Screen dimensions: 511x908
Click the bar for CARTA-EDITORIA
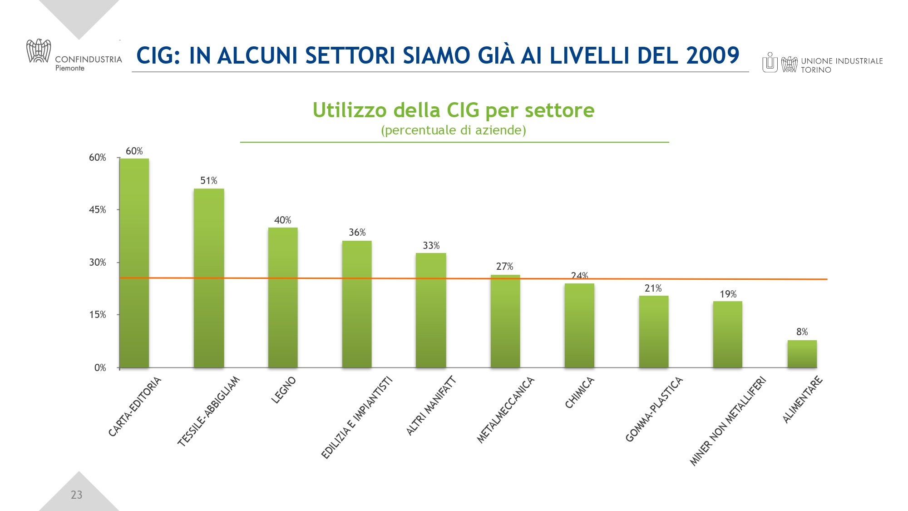pyautogui.click(x=134, y=263)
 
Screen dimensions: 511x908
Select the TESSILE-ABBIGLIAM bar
pyautogui.click(x=209, y=278)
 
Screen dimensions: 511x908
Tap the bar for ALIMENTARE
pyautogui.click(x=802, y=354)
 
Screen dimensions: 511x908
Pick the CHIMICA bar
pyautogui.click(x=579, y=325)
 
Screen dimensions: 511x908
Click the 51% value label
pyautogui.click(x=209, y=181)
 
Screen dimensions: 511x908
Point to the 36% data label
pyautogui.click(x=357, y=233)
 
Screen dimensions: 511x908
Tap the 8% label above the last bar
pyautogui.click(x=802, y=332)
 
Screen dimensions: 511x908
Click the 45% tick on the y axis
pyautogui.click(x=97, y=210)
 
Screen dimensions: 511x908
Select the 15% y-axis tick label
pyautogui.click(x=97, y=315)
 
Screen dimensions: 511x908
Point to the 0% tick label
pyautogui.click(x=100, y=368)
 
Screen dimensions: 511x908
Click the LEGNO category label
pyautogui.click(x=284, y=390)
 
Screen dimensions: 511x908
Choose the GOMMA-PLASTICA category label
pyautogui.click(x=654, y=409)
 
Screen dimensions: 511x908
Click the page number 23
pyautogui.click(x=76, y=495)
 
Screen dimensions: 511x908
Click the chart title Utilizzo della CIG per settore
pyautogui.click(x=454, y=110)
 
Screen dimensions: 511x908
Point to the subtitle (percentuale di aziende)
pyautogui.click(x=454, y=130)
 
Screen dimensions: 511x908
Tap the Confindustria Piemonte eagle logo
pyautogui.click(x=39, y=51)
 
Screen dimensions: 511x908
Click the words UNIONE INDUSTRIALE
pyautogui.click(x=842, y=61)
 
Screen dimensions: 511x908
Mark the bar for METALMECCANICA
pyautogui.click(x=505, y=321)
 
